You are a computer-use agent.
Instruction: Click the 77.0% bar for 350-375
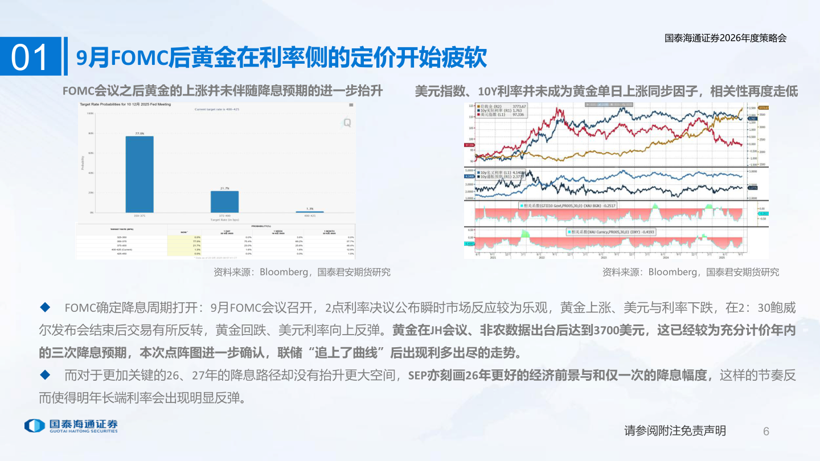(x=140, y=174)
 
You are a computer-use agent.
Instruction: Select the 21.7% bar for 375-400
(x=224, y=201)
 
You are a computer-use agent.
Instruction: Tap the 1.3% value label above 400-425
(x=309, y=209)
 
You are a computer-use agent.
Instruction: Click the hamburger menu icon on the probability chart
(x=351, y=105)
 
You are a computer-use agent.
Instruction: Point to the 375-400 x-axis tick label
(x=224, y=216)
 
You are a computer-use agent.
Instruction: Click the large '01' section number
(x=30, y=57)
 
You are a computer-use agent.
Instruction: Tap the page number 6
(x=766, y=431)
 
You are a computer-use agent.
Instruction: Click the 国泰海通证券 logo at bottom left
(x=71, y=426)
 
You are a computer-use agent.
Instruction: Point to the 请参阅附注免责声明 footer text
(x=675, y=431)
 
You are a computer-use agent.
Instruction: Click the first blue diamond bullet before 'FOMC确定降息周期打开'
(x=45, y=308)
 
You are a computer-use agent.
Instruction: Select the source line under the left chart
(x=302, y=272)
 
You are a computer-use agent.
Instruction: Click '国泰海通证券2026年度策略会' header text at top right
(x=725, y=38)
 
